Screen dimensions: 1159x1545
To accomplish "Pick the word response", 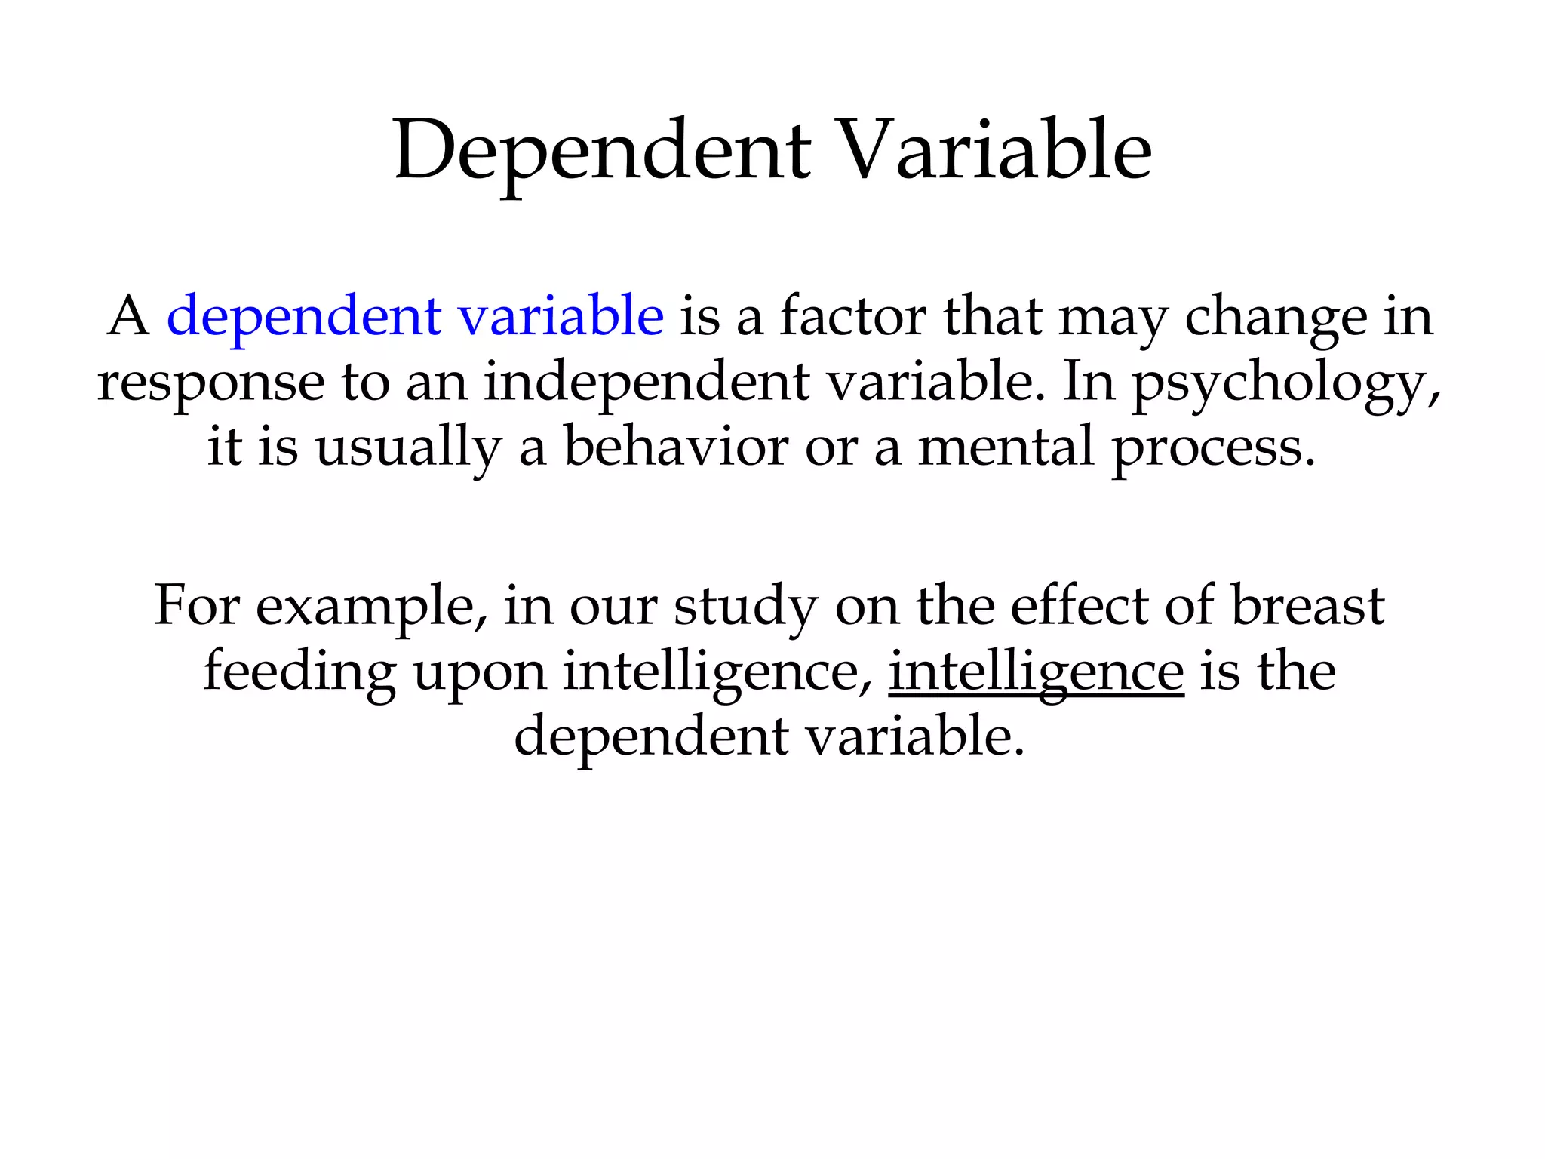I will [x=210, y=383].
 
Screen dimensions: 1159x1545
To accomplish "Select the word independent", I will [x=646, y=382].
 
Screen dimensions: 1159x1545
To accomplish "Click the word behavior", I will [x=676, y=447].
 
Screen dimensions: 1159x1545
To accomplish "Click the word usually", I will [x=407, y=448].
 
